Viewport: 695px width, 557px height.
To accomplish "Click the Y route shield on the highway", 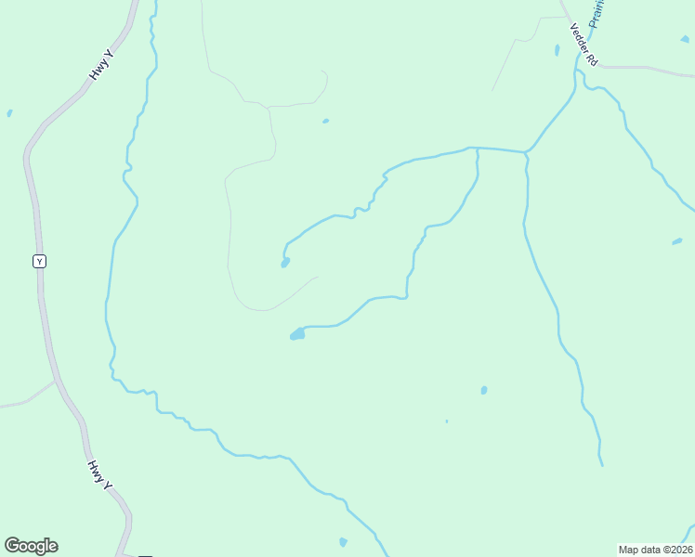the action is point(39,262).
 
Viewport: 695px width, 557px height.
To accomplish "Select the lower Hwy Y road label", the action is point(100,474).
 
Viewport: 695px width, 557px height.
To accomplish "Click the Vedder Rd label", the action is point(584,44).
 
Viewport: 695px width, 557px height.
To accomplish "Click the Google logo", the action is point(31,546).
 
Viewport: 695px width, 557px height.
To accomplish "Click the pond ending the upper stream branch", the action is point(285,263).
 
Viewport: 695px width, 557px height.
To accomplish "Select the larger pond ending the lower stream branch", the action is point(297,333).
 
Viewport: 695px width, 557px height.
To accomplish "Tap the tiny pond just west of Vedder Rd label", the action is point(557,50).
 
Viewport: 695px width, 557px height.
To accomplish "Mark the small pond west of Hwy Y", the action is point(9,113).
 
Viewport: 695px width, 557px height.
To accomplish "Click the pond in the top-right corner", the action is point(685,39).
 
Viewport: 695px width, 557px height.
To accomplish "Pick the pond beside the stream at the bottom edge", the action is point(343,542).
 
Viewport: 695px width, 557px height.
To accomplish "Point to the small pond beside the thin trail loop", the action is point(325,121).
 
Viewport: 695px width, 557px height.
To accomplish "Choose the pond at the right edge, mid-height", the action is point(676,242).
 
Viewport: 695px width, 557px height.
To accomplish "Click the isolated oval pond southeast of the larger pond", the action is point(484,390).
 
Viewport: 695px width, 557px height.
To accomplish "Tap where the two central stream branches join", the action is point(477,149).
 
